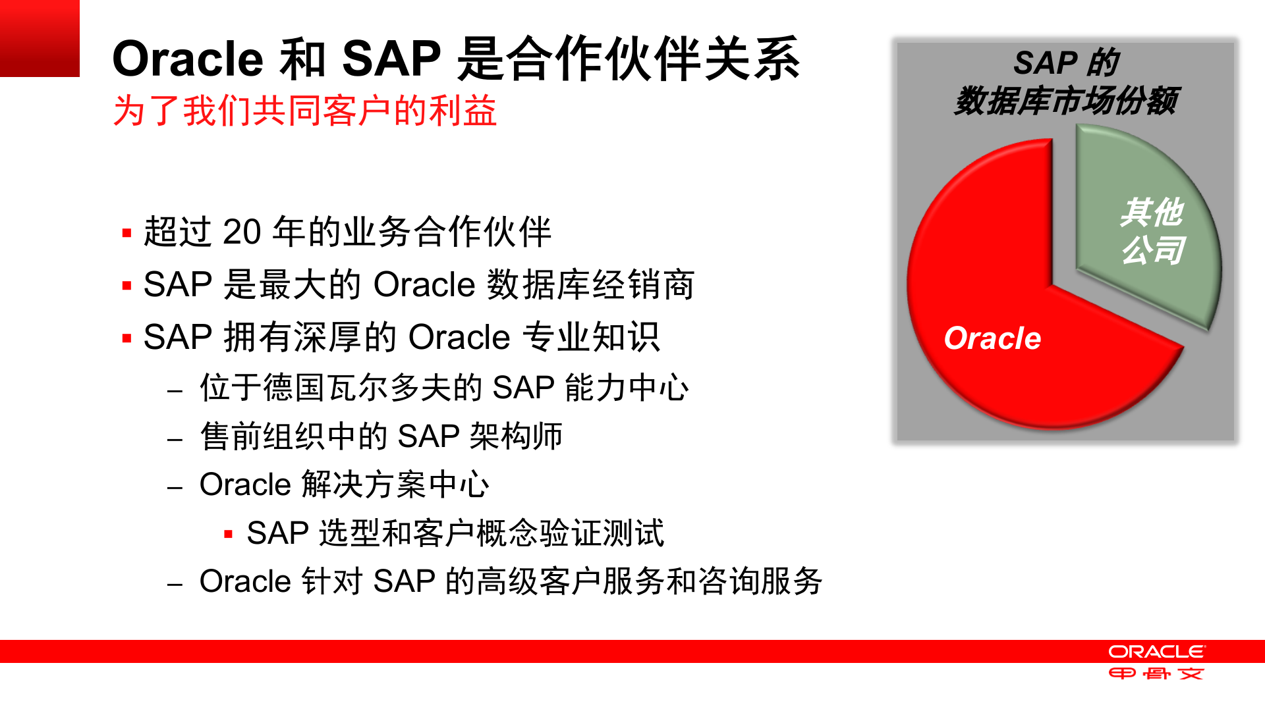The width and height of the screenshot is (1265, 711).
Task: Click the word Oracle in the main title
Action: coord(188,59)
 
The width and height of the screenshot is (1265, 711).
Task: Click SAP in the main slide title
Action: coord(391,59)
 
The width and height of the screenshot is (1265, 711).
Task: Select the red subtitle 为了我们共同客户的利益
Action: coord(304,111)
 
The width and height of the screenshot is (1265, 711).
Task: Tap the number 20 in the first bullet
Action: coord(242,232)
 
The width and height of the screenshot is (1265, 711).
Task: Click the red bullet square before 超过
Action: coord(126,233)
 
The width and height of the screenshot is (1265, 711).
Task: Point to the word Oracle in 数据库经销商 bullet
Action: coord(424,285)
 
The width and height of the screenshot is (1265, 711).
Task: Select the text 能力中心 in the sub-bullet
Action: coord(626,388)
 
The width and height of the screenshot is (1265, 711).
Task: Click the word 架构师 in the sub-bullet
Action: coord(516,436)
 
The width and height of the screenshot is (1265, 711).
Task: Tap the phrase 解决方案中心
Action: coord(395,485)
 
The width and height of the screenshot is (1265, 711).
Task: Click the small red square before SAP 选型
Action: coord(228,534)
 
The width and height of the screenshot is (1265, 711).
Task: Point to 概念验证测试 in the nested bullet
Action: coord(570,533)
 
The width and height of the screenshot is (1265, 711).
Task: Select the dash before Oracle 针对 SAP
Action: coord(175,583)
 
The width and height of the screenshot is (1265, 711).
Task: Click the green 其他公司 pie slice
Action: coord(1150,230)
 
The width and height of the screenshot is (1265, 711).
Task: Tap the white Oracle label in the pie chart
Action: coord(992,338)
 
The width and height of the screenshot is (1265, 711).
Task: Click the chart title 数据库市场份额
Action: coord(1065,101)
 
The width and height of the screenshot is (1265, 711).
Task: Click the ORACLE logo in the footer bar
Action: coord(1156,652)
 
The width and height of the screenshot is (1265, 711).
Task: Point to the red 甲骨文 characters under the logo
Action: coord(1156,673)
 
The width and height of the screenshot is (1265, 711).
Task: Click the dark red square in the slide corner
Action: coord(40,38)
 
